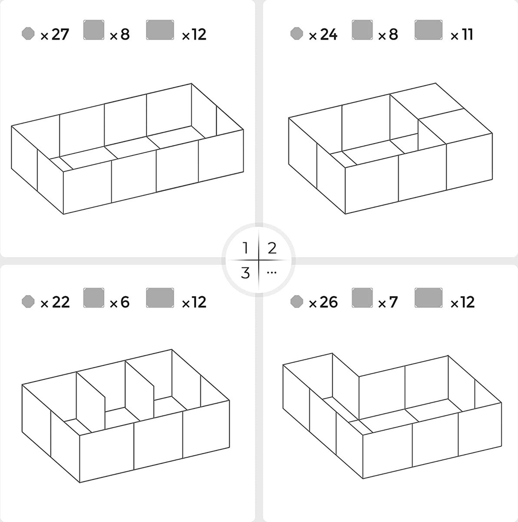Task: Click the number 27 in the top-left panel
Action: tap(60, 34)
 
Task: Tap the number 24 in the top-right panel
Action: tap(329, 34)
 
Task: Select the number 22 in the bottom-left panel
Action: tap(61, 302)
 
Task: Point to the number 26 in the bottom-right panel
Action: tap(329, 302)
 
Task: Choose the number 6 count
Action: tap(125, 302)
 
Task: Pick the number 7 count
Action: tap(393, 302)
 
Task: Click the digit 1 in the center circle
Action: tap(245, 248)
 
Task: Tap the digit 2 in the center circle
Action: tap(272, 248)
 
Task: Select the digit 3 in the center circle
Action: tap(245, 273)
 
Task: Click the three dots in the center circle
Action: tap(271, 273)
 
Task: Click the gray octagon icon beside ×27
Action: tap(28, 33)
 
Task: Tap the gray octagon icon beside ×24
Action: tap(297, 33)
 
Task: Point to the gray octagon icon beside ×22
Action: tap(28, 301)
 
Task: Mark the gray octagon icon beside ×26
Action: tap(297, 301)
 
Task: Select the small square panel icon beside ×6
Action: tap(94, 298)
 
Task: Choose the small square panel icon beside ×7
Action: tap(362, 298)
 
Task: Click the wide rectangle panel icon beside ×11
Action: tap(429, 30)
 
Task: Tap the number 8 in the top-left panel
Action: tap(125, 34)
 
